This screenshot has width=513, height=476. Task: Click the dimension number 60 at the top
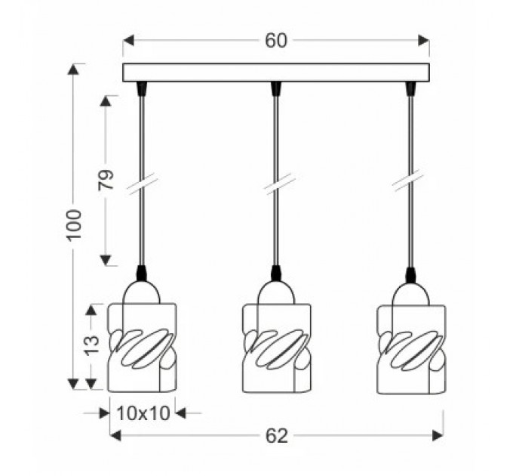(x=276, y=41)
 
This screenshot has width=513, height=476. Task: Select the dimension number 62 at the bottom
(x=276, y=436)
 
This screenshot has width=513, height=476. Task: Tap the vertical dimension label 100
(x=74, y=225)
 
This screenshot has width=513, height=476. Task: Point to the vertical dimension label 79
(x=106, y=180)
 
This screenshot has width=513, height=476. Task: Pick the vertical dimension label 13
(x=91, y=345)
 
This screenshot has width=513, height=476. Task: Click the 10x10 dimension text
(x=143, y=413)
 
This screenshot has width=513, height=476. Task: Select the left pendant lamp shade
(x=143, y=348)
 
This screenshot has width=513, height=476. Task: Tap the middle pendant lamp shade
(x=276, y=348)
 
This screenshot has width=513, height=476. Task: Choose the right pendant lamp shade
(x=412, y=349)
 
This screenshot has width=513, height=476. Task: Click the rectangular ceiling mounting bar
(x=276, y=73)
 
